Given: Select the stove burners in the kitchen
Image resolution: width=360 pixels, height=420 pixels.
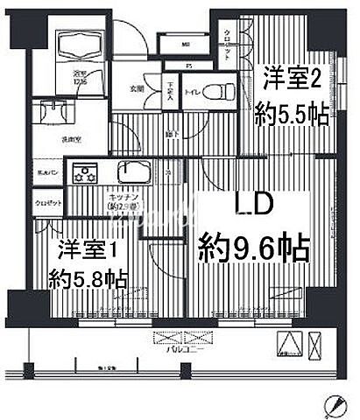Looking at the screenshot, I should (x=87, y=172).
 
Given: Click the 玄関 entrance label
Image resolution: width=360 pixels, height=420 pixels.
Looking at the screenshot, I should (x=138, y=88).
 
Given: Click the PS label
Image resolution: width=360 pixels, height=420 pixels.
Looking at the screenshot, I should (x=188, y=66).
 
